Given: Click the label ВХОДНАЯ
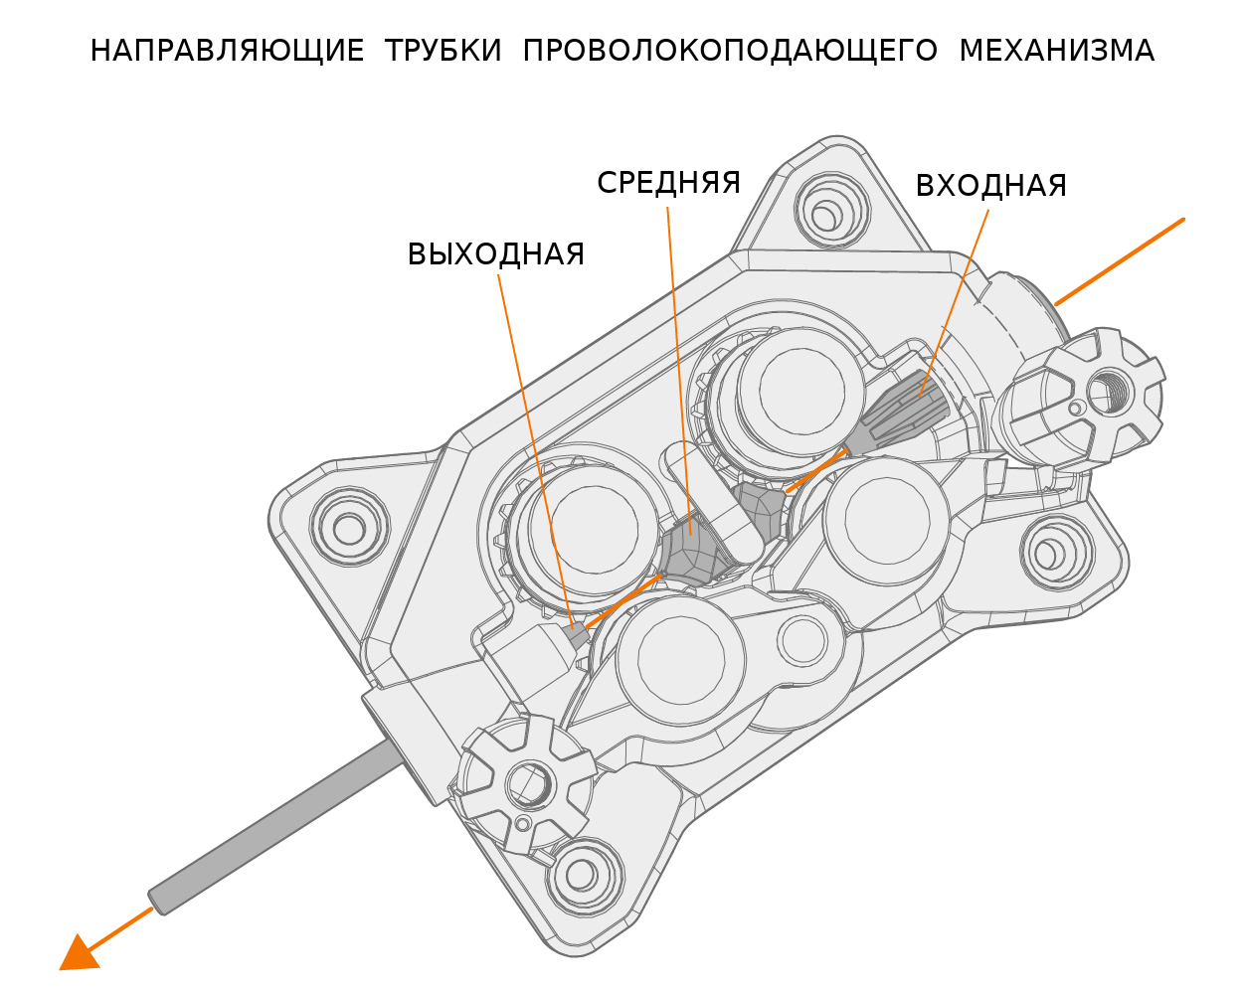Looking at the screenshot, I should [x=990, y=187].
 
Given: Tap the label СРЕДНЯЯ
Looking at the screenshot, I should [x=668, y=184].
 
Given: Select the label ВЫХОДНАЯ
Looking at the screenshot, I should [x=495, y=255].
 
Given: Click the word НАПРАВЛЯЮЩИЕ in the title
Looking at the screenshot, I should [x=227, y=52].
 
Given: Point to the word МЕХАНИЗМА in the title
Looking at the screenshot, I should [x=1056, y=52].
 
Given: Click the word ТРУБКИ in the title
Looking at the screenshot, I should [x=443, y=52].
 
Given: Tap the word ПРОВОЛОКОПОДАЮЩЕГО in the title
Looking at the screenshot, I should [x=730, y=52].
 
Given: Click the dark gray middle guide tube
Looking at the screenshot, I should [x=693, y=552].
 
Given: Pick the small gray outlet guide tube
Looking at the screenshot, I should [x=576, y=632].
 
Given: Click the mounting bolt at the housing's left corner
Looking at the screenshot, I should [x=348, y=527].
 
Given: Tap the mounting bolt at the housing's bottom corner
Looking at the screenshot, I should [x=577, y=875].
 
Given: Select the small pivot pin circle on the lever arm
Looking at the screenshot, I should [x=800, y=642].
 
